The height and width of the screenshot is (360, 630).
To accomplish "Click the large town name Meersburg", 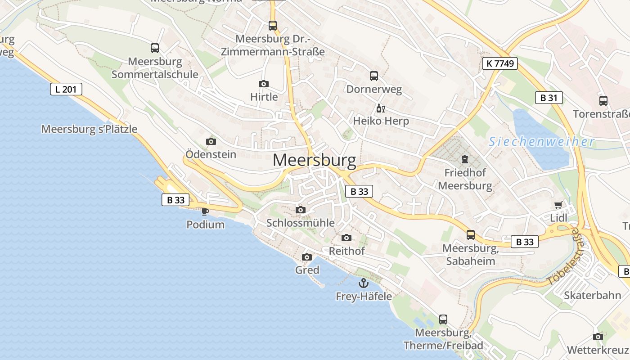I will tap(314, 160).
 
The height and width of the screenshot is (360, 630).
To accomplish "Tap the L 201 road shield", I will tap(66, 89).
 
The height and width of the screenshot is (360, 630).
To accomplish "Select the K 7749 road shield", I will tap(499, 63).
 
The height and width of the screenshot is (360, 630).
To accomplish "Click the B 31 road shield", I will tap(549, 98).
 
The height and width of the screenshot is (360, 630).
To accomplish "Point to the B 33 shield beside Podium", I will tap(175, 200).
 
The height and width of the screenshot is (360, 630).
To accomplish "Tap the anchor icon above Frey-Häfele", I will tap(364, 283).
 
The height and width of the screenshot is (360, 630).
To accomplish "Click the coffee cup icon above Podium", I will tap(205, 211).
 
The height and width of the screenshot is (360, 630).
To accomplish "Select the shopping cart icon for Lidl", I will tap(558, 205).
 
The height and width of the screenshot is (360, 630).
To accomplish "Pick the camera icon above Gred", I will tap(307, 257).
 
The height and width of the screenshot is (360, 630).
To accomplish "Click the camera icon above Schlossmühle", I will tap(301, 210).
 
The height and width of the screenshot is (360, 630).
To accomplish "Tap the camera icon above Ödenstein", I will tap(211, 141).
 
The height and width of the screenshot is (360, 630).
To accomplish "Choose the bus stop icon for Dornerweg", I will tap(374, 76).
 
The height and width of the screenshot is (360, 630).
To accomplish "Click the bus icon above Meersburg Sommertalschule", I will tap(155, 48).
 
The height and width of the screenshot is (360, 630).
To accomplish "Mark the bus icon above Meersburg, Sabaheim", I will tap(471, 234).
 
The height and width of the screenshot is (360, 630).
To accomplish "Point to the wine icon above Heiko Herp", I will tap(380, 108).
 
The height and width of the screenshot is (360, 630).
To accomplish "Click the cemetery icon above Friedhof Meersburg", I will tap(464, 159).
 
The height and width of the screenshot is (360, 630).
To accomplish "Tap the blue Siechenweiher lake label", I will tap(541, 142).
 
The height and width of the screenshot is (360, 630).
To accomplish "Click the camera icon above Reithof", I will tap(346, 238).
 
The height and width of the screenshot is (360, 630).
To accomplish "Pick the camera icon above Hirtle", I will tap(264, 84).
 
